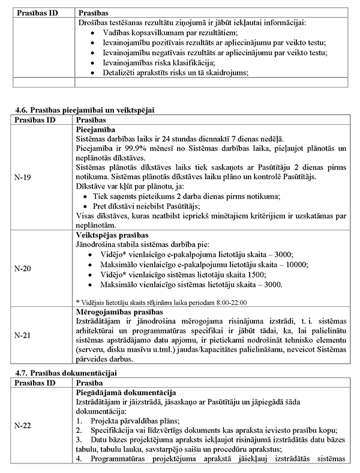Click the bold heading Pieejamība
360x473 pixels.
click(97, 129)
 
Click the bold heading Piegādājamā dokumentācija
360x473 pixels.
click(124, 391)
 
